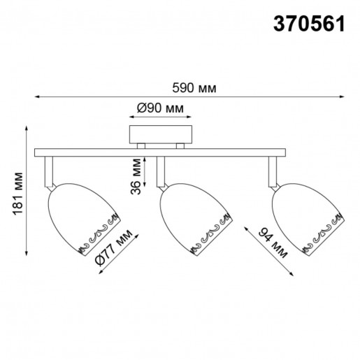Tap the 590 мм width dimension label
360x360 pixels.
194,89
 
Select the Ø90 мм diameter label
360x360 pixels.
160,109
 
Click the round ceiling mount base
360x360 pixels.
160,134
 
